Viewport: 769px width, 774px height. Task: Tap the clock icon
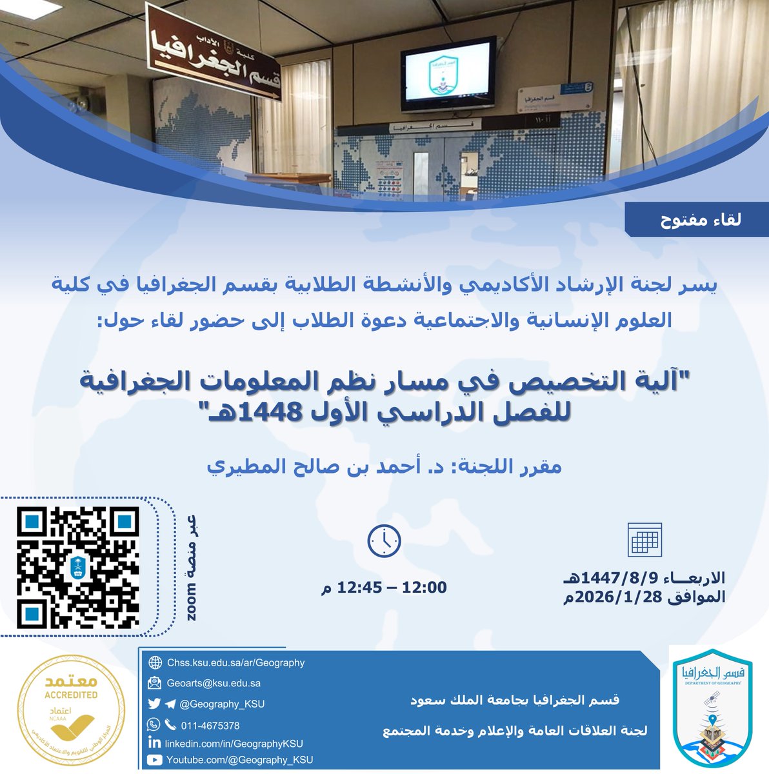pos(384,541)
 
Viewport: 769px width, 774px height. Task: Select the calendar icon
pos(644,540)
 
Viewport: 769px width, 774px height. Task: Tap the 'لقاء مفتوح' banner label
pos(700,220)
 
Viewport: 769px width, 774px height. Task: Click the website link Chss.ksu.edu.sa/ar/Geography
pos(235,662)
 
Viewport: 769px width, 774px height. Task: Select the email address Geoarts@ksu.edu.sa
pos(214,683)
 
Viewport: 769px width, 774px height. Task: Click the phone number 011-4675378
pos(210,725)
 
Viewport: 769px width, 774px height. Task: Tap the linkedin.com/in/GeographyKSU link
pos(234,743)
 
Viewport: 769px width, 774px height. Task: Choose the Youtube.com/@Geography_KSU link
pos(239,760)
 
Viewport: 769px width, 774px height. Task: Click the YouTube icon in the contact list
pos(155,760)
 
